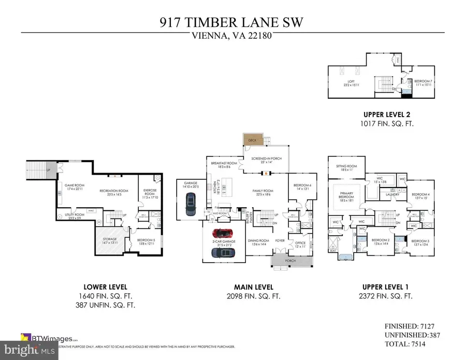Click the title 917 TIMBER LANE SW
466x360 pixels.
pyautogui.click(x=232, y=23)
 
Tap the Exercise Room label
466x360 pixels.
pyautogui.click(x=150, y=192)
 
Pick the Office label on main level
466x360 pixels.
pyautogui.click(x=301, y=243)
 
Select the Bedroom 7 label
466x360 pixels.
pyautogui.click(x=421, y=83)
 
